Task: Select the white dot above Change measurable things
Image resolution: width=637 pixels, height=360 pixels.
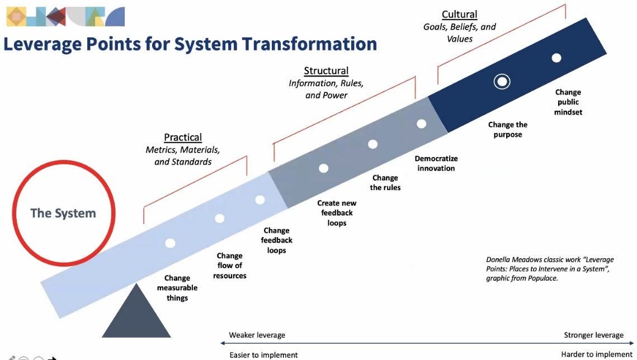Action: click(x=170, y=243)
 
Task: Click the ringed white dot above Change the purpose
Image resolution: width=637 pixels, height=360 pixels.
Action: click(x=502, y=82)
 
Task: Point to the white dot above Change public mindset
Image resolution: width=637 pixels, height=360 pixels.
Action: click(x=556, y=58)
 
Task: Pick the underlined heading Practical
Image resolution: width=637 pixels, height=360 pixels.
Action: click(x=183, y=137)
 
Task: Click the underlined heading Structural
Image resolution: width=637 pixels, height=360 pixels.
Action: click(x=326, y=70)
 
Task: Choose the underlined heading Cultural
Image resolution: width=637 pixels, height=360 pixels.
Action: click(x=460, y=14)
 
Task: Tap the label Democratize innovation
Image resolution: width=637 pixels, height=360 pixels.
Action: click(x=436, y=163)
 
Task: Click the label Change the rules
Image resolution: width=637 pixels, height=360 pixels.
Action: click(x=385, y=183)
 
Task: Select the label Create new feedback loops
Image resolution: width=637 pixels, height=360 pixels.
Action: click(x=337, y=212)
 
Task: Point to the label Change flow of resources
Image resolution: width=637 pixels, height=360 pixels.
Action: click(x=229, y=266)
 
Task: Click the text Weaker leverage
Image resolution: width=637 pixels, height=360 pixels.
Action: click(x=257, y=335)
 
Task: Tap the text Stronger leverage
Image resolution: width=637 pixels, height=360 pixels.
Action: click(x=593, y=335)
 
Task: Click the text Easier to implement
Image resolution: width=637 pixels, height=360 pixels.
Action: click(x=263, y=355)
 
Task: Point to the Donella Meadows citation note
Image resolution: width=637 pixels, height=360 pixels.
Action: click(x=550, y=269)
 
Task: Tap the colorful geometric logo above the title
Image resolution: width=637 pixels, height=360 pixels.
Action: click(x=65, y=17)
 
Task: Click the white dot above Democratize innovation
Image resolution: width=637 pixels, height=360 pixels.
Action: click(x=421, y=124)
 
